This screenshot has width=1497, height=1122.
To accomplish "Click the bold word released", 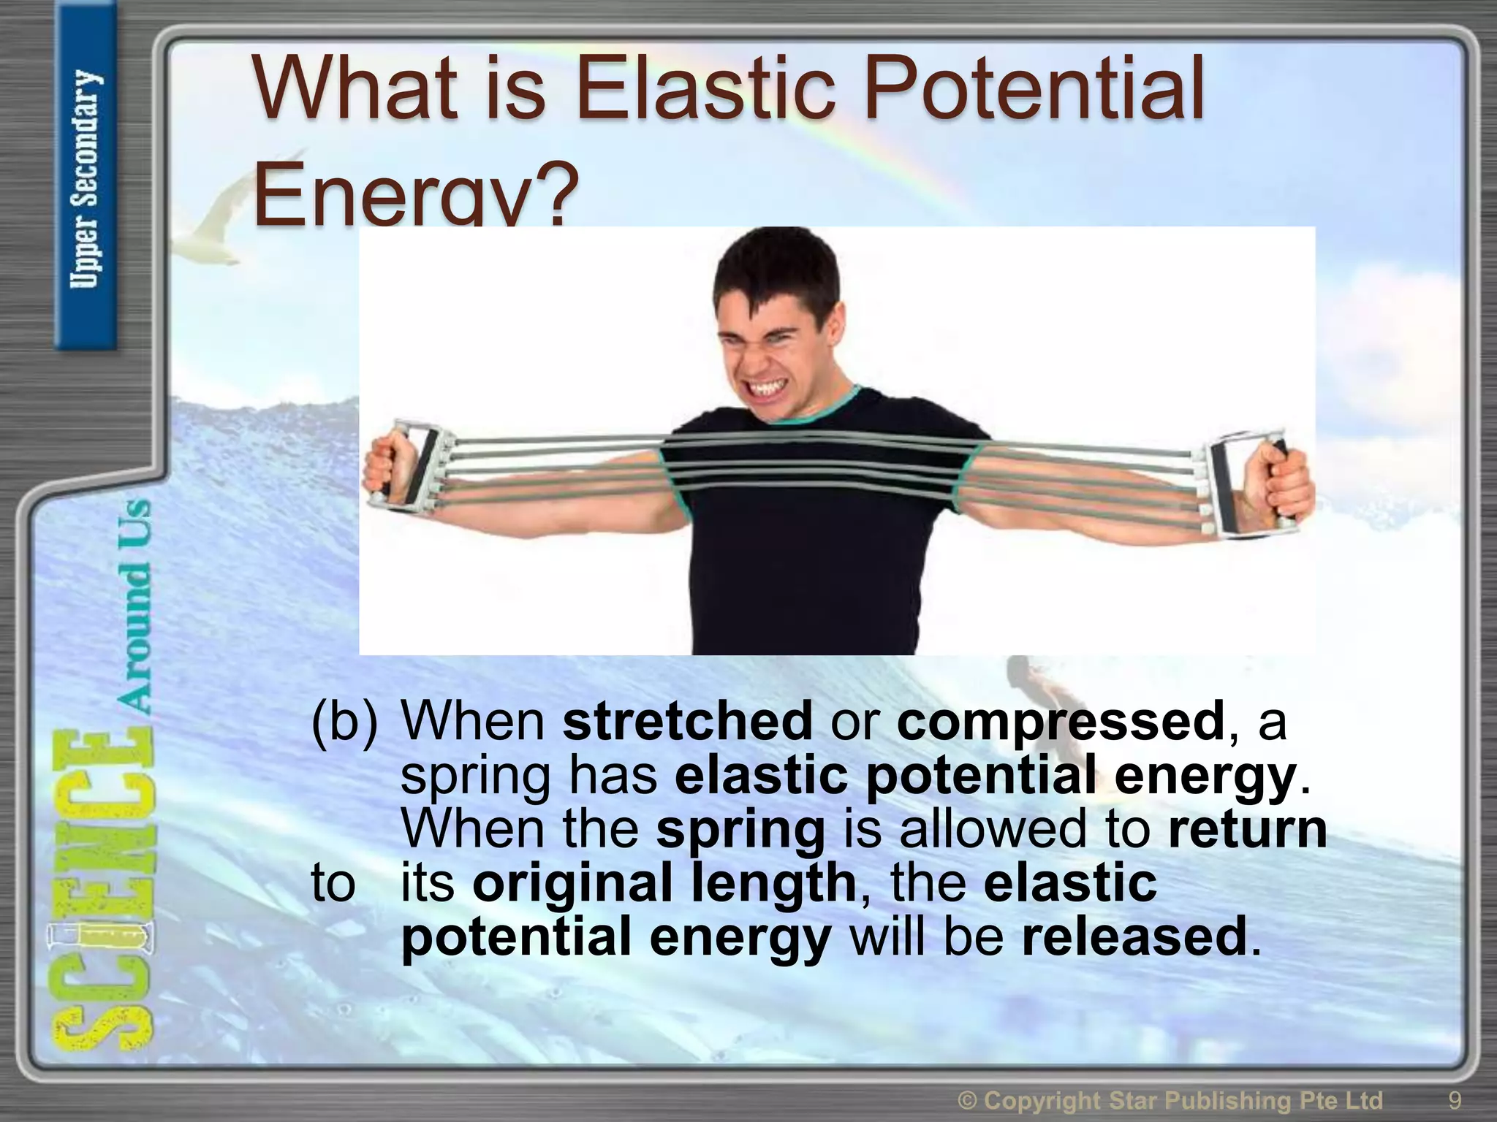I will coord(1134,937).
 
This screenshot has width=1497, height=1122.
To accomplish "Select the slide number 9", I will coord(1455,1099).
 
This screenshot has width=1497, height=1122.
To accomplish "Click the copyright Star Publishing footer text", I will coord(1170,1099).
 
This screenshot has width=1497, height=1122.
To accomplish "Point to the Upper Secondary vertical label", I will coord(86,179).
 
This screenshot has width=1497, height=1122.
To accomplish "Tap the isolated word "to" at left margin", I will coord(333,883).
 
